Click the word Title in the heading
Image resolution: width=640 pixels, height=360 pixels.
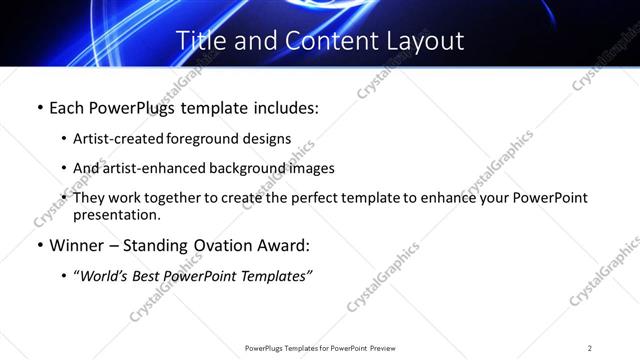198,41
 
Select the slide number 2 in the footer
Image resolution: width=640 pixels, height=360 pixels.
590,347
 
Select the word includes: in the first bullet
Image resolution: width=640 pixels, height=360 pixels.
283,106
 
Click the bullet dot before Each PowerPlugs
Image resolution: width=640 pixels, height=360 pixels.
38,106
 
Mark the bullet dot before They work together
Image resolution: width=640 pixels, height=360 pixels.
64,198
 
